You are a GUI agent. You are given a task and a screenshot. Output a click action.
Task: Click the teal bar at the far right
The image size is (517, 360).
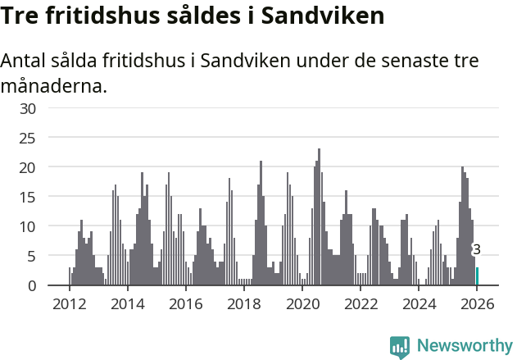point(478,276)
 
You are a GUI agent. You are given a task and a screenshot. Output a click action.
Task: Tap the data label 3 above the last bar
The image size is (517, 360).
point(477,250)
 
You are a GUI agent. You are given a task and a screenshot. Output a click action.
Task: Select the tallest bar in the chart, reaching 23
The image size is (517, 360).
point(320,217)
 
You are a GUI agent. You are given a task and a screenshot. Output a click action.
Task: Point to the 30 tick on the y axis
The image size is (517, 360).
point(27,108)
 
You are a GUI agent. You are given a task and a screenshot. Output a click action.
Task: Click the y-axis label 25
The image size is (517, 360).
point(27,138)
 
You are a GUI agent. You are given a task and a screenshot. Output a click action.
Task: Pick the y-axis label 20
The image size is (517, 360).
point(27,167)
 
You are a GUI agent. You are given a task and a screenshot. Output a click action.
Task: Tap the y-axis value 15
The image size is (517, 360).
point(27,197)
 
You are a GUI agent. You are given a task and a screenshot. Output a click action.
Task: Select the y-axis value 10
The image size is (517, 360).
point(27,226)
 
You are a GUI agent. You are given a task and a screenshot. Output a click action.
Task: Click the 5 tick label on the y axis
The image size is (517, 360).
point(31,256)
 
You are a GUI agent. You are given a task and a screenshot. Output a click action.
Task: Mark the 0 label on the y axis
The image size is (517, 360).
point(31,285)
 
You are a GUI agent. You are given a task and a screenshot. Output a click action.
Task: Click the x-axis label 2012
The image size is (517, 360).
point(69,304)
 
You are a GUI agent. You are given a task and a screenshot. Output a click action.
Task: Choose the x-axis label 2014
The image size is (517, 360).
point(127,304)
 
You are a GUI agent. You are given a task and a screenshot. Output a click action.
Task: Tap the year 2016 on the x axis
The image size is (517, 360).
point(185,304)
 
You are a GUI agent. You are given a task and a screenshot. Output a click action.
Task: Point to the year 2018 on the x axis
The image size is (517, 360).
point(243,304)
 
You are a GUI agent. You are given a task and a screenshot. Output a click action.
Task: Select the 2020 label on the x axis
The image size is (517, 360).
point(302,304)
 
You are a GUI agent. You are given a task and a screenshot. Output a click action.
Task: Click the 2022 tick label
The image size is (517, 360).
point(361,304)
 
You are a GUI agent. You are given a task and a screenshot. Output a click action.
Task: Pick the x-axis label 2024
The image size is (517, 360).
point(419,304)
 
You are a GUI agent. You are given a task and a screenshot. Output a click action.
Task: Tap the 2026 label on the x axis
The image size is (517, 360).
point(477,304)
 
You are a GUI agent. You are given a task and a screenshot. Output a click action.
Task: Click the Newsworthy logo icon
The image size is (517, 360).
point(399,346)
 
